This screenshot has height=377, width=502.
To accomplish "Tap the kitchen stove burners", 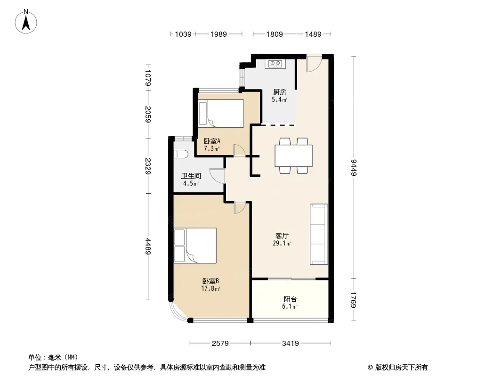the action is point(275,64).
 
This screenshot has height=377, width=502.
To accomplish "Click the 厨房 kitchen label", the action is point(280,92).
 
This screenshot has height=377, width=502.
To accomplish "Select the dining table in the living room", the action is point(293,156).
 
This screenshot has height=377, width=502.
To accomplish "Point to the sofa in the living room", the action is point(319,234).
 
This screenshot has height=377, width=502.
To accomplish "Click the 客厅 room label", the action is point(282,236).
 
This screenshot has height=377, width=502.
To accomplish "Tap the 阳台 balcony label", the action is point(290,299).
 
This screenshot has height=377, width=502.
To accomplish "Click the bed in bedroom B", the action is point(195,246).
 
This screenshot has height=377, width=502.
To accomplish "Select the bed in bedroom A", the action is point(221,114).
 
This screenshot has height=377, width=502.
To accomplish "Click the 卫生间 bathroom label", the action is point(191,176).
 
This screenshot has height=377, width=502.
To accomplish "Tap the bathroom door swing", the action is point(216,175).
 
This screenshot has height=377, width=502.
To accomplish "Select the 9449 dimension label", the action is point(354,167).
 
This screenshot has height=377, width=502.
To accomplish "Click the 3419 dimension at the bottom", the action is point(291,344).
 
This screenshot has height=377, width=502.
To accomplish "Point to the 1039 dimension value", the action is point(183,34).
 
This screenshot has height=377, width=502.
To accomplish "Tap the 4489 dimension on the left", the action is point(147,246).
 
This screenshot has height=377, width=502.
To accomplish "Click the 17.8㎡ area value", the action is point(211,288).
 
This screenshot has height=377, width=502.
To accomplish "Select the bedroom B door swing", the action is point(240,207).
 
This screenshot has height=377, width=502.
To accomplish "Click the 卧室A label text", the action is point(212,141).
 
